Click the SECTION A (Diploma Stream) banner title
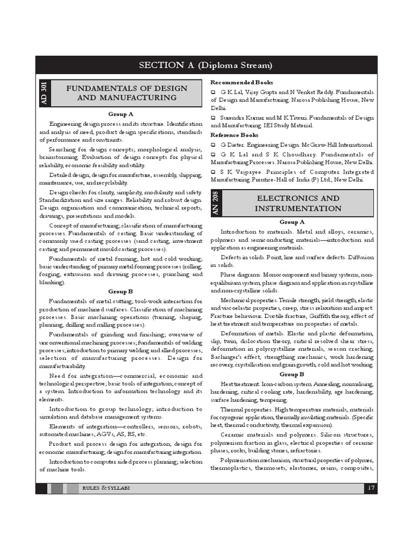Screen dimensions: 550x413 coord(206,66)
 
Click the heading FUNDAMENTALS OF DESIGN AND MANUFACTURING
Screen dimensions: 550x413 coord(127,93)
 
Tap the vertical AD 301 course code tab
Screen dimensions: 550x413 coord(44,92)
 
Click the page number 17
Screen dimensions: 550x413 coord(371,488)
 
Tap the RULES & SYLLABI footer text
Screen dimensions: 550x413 coord(106,488)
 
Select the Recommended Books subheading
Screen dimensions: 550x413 coord(241,83)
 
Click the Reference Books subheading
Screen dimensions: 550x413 coord(234,135)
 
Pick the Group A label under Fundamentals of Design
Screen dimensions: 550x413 coord(121,114)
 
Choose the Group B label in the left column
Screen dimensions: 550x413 coord(121,292)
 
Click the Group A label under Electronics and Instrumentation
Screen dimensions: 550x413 coord(292,222)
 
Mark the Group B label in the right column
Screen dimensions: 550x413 coord(292,374)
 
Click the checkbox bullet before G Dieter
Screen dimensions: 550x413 coord(213,145)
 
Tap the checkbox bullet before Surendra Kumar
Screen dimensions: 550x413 coord(213,118)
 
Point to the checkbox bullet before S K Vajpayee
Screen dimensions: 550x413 coord(213,171)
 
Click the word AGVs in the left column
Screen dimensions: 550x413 coord(113,434)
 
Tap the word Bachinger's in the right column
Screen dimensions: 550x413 coord(227,357)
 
